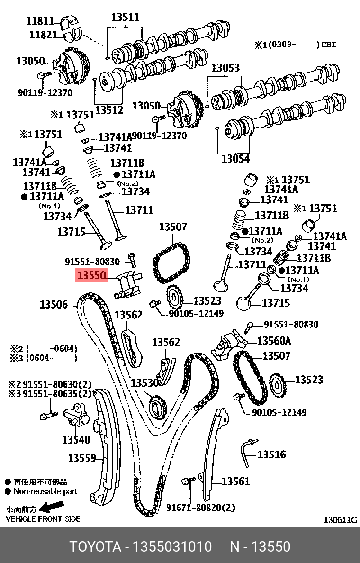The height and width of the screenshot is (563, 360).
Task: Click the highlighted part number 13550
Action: pyautogui.click(x=91, y=275)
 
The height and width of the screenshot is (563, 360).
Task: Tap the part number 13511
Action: pyautogui.click(x=125, y=18)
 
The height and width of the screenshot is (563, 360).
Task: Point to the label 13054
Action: pyautogui.click(x=235, y=159)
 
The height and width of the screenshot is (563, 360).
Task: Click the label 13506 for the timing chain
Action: pyautogui.click(x=54, y=305)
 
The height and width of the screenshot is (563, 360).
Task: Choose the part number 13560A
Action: pyautogui.click(x=274, y=341)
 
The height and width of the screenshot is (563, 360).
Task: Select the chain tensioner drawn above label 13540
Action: pyautogui.click(x=74, y=416)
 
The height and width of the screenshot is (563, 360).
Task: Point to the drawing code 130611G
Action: pyautogui.click(x=340, y=520)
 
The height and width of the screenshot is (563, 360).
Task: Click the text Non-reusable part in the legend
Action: pyautogui.click(x=45, y=491)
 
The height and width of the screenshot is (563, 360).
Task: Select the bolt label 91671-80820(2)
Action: pyautogui.click(x=200, y=508)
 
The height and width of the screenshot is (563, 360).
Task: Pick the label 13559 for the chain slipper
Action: pyautogui.click(x=82, y=458)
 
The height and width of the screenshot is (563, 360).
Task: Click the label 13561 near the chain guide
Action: pyautogui.click(x=235, y=481)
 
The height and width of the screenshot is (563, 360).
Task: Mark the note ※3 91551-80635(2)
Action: pyautogui.click(x=50, y=393)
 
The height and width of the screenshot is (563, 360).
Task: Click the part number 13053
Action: pyautogui.click(x=225, y=68)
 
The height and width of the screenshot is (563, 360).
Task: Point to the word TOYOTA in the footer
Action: pyautogui.click(x=95, y=546)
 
